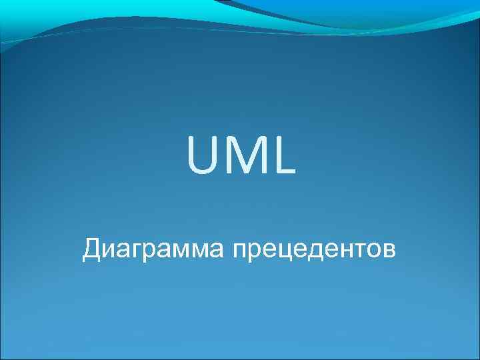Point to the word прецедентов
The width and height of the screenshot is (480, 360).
(x=314, y=251)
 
